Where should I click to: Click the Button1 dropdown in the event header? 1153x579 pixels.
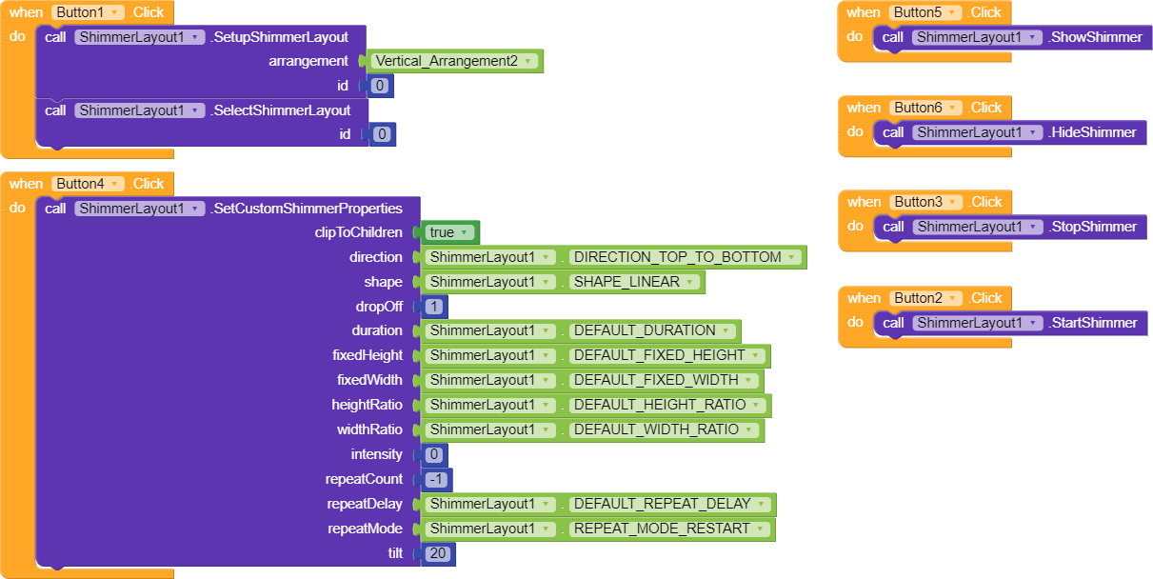click(89, 12)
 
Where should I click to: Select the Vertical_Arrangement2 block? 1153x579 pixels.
click(454, 61)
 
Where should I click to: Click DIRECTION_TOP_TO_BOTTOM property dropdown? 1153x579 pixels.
click(684, 257)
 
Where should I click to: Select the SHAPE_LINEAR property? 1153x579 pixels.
click(634, 282)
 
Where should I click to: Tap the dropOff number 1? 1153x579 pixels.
click(434, 307)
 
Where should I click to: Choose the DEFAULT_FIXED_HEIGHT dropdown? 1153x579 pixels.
click(666, 355)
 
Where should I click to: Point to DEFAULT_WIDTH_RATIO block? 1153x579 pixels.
click(664, 429)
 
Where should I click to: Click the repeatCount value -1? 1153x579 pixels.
click(437, 479)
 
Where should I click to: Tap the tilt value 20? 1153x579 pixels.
click(438, 553)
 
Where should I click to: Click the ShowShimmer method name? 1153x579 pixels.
click(1095, 37)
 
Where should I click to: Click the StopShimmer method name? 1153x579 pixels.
click(1093, 227)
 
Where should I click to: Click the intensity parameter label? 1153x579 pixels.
click(376, 454)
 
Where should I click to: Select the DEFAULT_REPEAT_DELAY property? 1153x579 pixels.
click(669, 504)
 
